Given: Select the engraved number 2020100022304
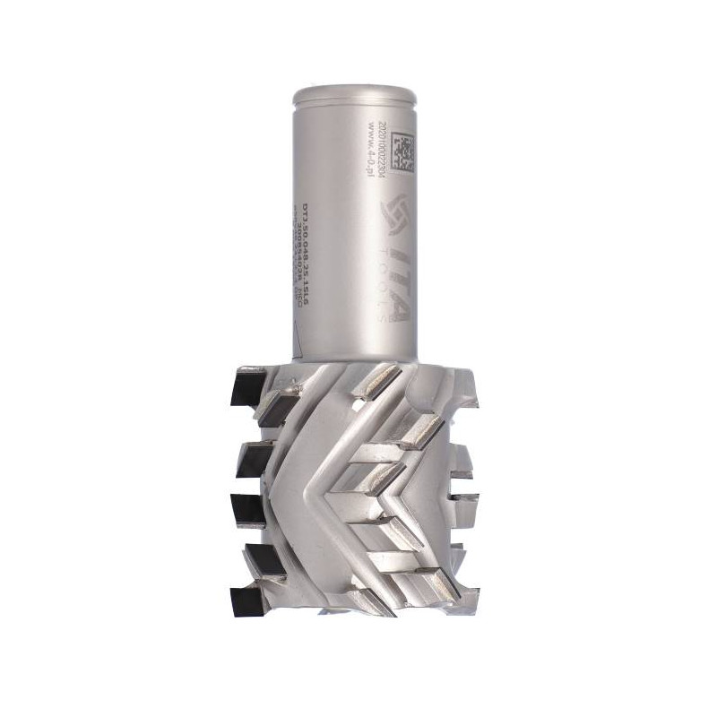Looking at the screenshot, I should [x=384, y=148].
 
